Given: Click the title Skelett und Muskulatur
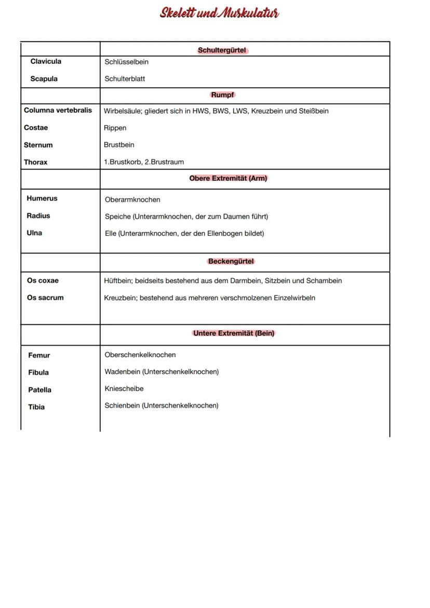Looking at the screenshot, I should [x=219, y=13].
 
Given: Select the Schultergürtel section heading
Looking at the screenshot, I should [x=222, y=50].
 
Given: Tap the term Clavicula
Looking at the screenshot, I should [x=46, y=61].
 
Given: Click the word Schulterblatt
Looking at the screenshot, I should [x=125, y=79].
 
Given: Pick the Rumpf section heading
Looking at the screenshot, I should [x=223, y=95].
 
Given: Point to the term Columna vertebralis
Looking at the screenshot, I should [x=58, y=110].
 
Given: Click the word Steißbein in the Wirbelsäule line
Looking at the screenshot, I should [x=314, y=111].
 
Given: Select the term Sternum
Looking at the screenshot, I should [x=38, y=145].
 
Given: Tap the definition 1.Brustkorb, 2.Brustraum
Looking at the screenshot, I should [x=143, y=162].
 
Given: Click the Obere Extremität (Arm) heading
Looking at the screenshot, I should [x=229, y=178].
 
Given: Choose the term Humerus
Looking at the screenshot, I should [x=42, y=198].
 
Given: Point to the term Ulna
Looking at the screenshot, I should [x=34, y=233].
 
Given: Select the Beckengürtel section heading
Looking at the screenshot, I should [x=231, y=261].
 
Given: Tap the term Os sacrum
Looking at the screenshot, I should [x=45, y=298].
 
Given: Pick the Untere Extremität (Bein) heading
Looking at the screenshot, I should [x=234, y=333].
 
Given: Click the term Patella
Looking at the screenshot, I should [x=39, y=389].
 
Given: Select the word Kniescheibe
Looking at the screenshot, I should [x=124, y=388].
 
